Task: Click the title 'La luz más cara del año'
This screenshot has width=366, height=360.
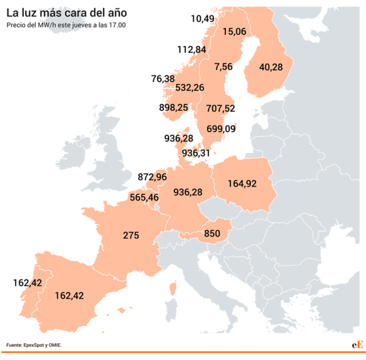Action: [67, 12]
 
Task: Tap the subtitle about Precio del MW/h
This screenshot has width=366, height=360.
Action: [66, 25]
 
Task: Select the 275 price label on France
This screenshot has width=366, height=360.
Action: [131, 235]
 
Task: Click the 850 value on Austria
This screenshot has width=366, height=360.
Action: [212, 233]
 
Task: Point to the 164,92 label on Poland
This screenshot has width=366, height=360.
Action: [242, 183]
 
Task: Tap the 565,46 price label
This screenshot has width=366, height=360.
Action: [144, 197]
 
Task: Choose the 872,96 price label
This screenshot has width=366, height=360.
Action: [152, 177]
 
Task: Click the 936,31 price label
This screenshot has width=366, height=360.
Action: [196, 153]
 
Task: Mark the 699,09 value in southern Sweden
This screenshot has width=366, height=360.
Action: [221, 129]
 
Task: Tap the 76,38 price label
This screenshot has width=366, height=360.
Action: [163, 78]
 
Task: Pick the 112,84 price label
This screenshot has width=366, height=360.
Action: [192, 49]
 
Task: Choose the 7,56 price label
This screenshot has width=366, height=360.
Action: [223, 67]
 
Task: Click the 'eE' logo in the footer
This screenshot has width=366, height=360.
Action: [357, 345]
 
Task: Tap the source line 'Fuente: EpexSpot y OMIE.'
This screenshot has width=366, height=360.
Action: [34, 345]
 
